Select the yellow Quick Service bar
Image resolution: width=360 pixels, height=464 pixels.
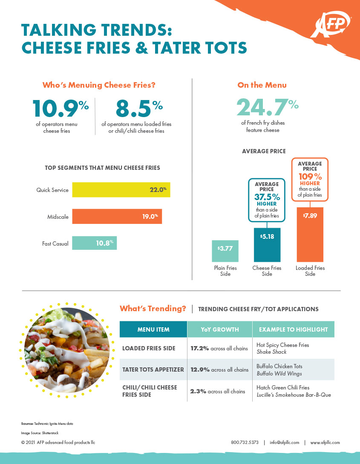pos(121,190)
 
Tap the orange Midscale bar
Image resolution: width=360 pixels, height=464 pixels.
pos(117,217)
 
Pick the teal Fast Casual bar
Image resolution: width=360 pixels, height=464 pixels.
pos(94,243)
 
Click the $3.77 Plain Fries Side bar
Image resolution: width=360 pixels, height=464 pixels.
pos(225,251)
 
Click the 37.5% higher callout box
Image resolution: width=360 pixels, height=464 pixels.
pos(267,200)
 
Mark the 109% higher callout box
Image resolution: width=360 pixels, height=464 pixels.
pos(310,179)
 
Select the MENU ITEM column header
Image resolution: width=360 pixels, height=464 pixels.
pos(153,329)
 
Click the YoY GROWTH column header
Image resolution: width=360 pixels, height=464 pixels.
pos(220,329)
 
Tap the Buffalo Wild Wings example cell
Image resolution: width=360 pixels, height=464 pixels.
pos(279,369)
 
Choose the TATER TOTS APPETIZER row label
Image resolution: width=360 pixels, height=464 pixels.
pos(153,369)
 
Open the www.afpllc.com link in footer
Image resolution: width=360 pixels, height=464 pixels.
pos(325,442)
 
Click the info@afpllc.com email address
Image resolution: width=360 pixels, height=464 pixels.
pos(285,442)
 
